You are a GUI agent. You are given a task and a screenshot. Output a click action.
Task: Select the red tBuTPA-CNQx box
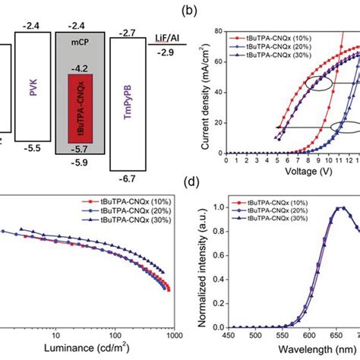click(x=77, y=107)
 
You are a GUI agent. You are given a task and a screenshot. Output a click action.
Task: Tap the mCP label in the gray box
click(x=77, y=56)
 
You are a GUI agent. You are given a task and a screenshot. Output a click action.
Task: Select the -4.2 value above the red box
click(x=77, y=67)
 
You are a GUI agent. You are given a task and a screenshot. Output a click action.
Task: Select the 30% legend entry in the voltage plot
click(x=291, y=58)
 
